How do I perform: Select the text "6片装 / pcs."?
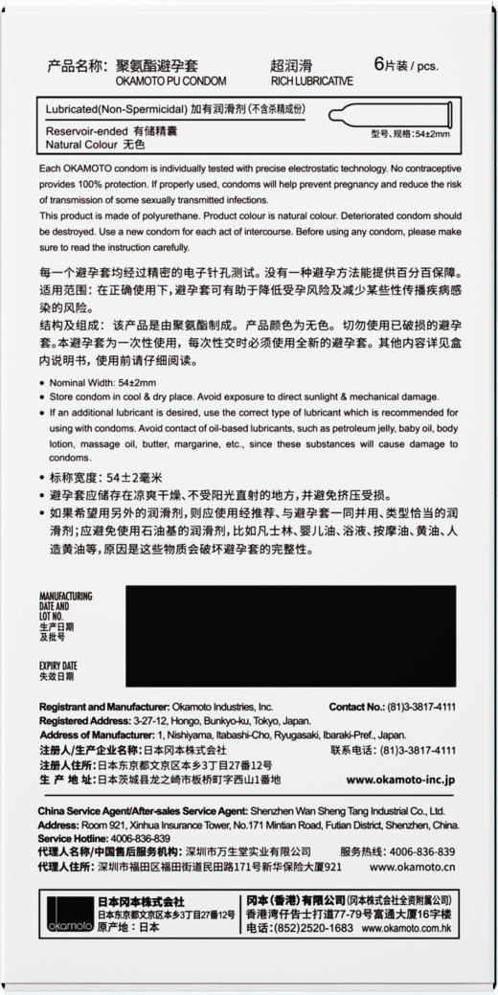click(405, 66)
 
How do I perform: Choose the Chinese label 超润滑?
click(293, 66)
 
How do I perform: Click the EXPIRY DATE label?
click(58, 665)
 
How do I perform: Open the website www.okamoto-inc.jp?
click(400, 780)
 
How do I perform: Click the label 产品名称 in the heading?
click(74, 66)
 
